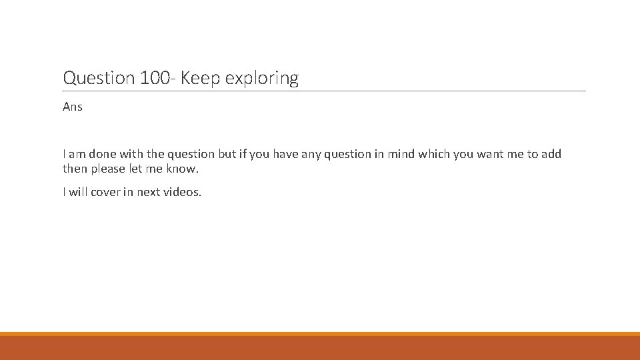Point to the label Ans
coord(73,107)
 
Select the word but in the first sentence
coord(227,154)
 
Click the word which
coord(433,154)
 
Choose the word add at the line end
coord(551,154)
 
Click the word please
coord(108,169)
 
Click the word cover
coord(105,192)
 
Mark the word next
coord(149,192)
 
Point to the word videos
coord(183,192)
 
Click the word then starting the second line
coord(75,169)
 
